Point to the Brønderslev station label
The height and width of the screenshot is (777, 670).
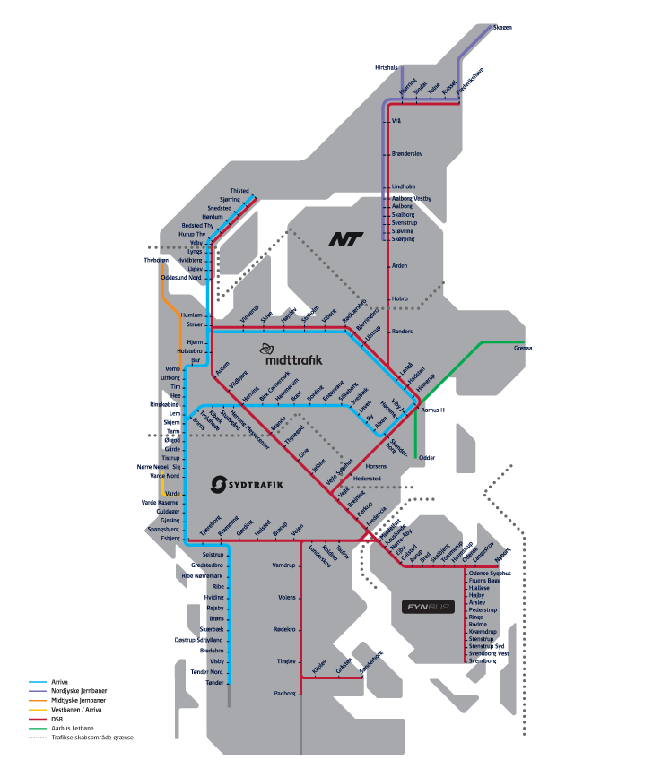click(409, 154)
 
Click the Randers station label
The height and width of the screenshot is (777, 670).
click(402, 332)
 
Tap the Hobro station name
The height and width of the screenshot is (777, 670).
click(400, 298)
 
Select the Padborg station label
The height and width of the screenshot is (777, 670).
click(285, 694)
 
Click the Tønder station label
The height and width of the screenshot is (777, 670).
click(214, 682)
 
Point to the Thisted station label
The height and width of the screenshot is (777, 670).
click(239, 191)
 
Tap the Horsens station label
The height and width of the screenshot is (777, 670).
click(376, 467)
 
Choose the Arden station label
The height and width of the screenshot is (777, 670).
click(399, 265)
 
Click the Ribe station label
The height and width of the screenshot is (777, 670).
click(218, 586)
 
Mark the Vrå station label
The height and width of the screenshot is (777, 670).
click(396, 121)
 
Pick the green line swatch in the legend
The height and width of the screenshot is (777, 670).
click(39, 728)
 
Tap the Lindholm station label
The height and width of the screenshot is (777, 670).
click(404, 186)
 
